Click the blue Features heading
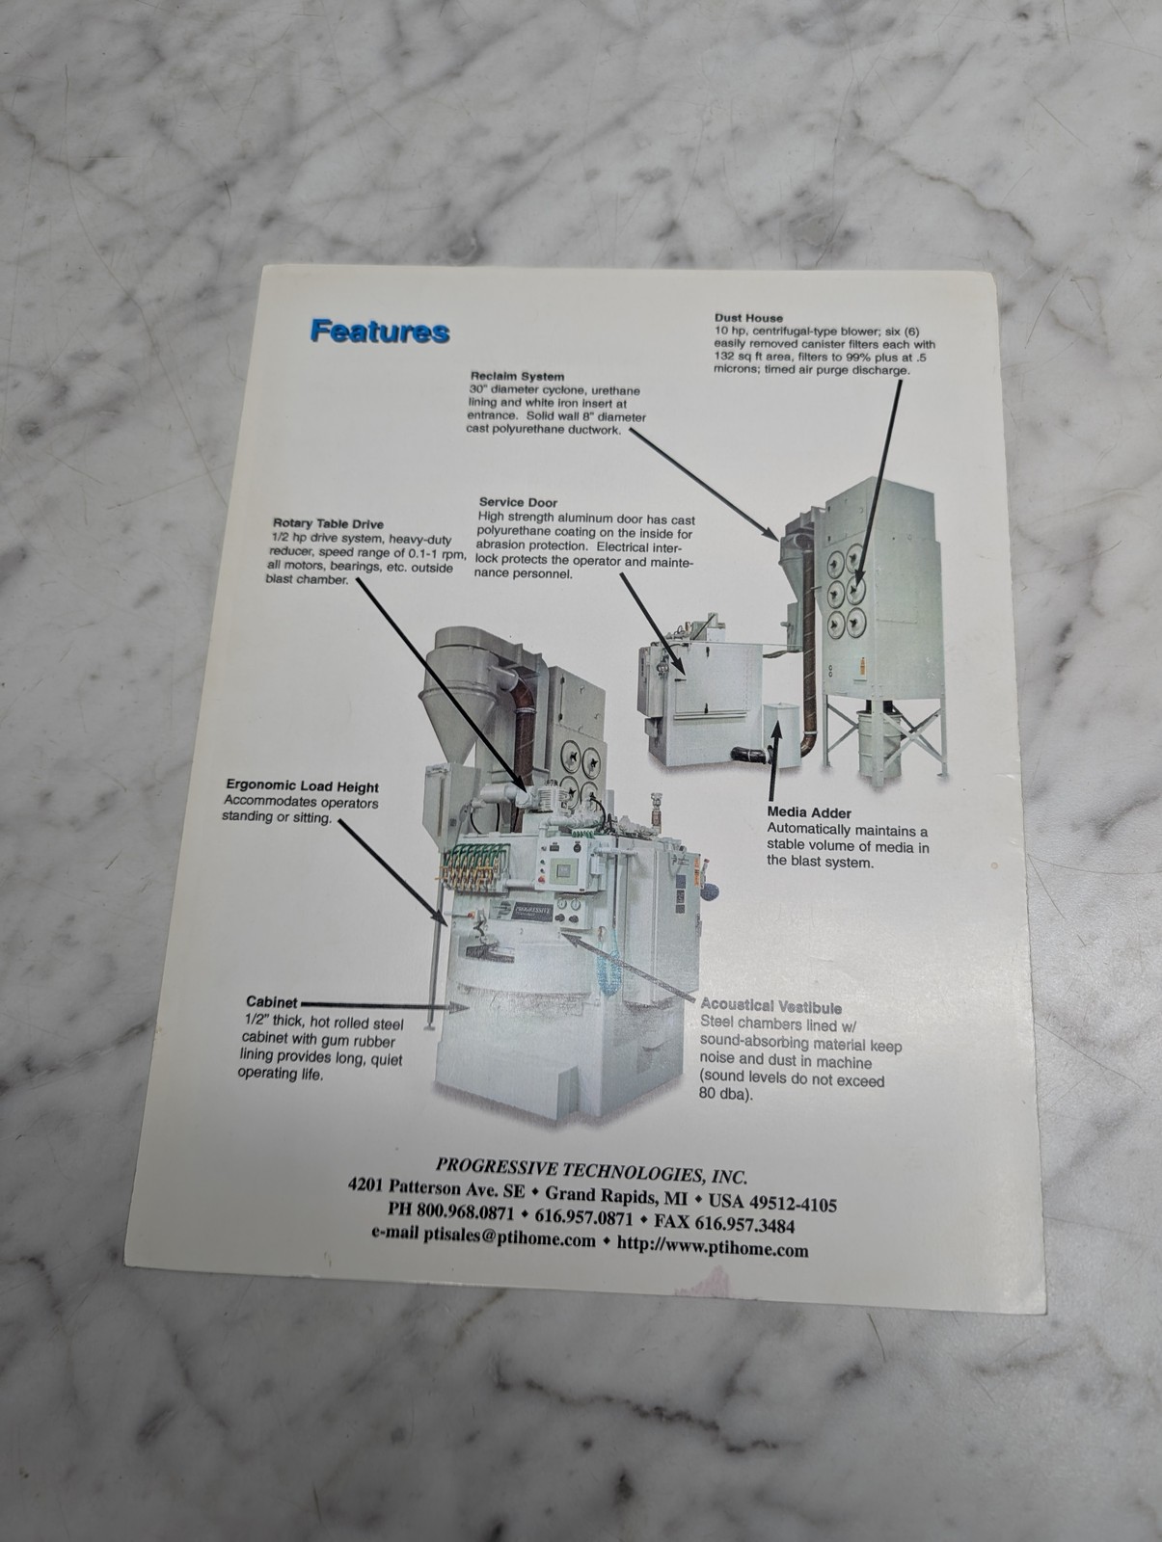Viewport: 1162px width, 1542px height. (x=380, y=331)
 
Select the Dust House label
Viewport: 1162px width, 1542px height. (x=748, y=318)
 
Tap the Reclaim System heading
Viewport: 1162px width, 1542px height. (x=518, y=377)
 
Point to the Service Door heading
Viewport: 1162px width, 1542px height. (x=518, y=502)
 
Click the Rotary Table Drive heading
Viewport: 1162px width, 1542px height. (x=328, y=524)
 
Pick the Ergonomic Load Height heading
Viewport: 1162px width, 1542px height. (x=302, y=786)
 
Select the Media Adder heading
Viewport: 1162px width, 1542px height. (x=809, y=812)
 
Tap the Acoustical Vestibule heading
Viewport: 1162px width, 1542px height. (x=771, y=1007)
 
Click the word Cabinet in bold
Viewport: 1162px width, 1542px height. (x=271, y=1001)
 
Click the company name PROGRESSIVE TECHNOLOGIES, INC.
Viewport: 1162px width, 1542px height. (x=591, y=1171)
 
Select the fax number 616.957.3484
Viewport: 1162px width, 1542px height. (x=744, y=1225)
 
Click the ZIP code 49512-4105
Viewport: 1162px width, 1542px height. (x=793, y=1204)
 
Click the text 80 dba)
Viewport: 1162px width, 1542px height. (x=725, y=1094)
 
